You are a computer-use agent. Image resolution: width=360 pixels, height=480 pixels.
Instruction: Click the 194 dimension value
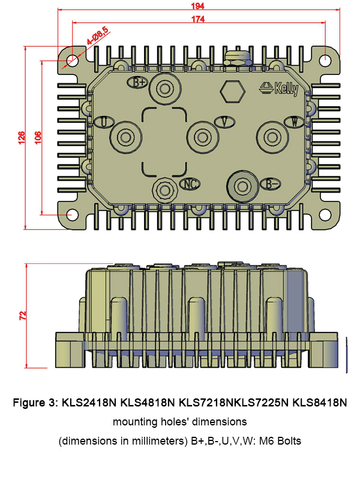(x=198, y=6)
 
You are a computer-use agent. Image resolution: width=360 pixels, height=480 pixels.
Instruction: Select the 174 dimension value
(x=198, y=19)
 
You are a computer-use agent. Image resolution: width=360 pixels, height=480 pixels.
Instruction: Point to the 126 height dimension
(x=22, y=138)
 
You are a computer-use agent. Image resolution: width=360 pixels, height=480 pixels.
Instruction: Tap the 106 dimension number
(x=38, y=138)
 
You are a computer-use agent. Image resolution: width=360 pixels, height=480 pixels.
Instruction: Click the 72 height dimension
(x=23, y=316)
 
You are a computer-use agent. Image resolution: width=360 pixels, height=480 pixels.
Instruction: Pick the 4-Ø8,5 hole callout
(x=97, y=36)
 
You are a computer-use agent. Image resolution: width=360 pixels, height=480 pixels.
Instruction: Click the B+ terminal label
(x=138, y=82)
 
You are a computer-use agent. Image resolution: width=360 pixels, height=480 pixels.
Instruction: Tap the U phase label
(x=104, y=122)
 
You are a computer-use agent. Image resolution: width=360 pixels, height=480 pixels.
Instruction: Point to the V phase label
(x=224, y=122)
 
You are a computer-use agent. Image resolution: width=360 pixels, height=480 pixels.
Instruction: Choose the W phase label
(x=294, y=122)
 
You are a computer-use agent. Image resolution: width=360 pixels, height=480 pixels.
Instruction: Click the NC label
(x=190, y=184)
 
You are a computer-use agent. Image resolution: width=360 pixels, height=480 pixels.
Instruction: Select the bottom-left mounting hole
(x=72, y=215)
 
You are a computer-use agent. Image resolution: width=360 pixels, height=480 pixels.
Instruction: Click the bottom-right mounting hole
(x=325, y=215)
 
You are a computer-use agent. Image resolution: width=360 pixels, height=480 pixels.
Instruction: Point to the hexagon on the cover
(x=233, y=92)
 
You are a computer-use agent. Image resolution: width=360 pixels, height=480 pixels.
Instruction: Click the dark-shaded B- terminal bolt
(x=243, y=186)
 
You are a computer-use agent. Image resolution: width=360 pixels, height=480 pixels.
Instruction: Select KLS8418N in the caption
(x=320, y=402)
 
